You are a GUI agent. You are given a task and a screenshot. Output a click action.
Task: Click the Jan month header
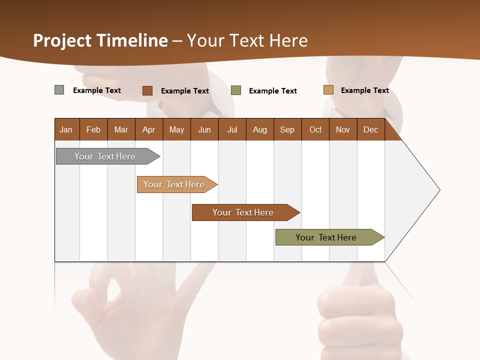click(x=66, y=129)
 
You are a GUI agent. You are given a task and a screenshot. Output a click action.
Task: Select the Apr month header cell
click(x=148, y=129)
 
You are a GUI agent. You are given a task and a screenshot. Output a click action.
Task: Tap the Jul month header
click(x=232, y=129)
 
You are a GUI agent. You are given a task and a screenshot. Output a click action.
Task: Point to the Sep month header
click(x=287, y=129)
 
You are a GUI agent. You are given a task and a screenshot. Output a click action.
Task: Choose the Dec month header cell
click(x=370, y=129)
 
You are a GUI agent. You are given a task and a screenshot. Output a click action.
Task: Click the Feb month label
click(x=93, y=129)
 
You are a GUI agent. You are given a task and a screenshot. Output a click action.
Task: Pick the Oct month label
click(x=315, y=129)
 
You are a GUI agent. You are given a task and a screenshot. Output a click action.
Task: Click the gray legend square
click(x=59, y=90)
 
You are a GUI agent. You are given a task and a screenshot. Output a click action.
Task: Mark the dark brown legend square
click(x=147, y=90)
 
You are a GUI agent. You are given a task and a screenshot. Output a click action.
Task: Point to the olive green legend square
click(x=236, y=90)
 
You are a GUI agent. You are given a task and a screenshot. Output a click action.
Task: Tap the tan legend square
click(x=328, y=90)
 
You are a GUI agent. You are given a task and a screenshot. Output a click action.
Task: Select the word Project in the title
click(x=62, y=40)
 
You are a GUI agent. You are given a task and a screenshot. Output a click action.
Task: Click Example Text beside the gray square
click(x=97, y=90)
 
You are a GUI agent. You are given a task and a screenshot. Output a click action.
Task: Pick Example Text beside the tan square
click(x=364, y=90)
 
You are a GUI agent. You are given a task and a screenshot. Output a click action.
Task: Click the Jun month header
click(x=204, y=129)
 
